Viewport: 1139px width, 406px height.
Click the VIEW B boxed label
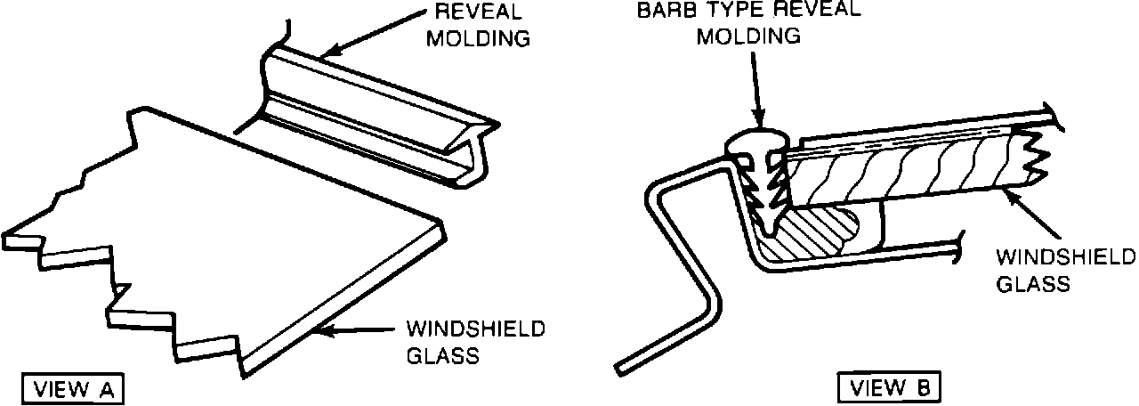(x=886, y=388)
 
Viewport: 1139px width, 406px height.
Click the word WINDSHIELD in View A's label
(x=475, y=330)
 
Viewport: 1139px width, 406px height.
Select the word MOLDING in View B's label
(x=748, y=36)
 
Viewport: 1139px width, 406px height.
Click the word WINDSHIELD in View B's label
(x=1066, y=258)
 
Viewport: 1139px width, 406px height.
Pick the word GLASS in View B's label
(x=1032, y=284)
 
